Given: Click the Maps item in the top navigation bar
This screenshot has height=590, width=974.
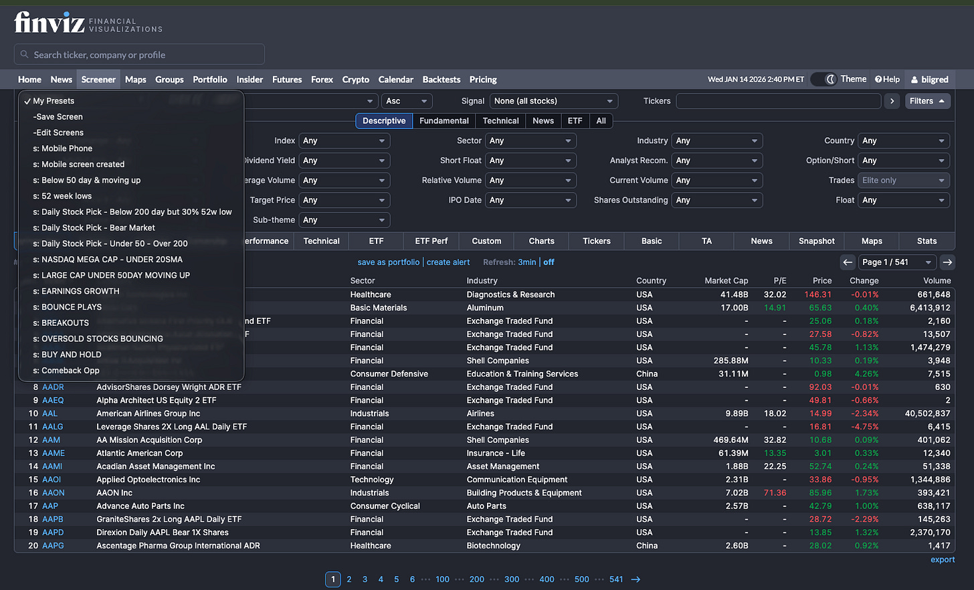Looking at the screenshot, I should pyautogui.click(x=135, y=80).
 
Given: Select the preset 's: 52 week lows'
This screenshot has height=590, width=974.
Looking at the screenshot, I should pyautogui.click(x=66, y=196).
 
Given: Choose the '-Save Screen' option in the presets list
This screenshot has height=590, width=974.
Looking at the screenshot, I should pyautogui.click(x=58, y=117).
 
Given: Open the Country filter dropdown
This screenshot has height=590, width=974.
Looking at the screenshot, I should pyautogui.click(x=903, y=141).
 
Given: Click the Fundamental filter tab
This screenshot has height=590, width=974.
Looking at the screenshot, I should pyautogui.click(x=444, y=121).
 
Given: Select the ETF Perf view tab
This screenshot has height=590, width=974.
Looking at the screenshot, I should pyautogui.click(x=431, y=241).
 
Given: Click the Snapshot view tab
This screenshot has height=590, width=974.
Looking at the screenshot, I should pyautogui.click(x=816, y=241).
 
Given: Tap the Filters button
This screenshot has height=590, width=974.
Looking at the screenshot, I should pyautogui.click(x=927, y=101).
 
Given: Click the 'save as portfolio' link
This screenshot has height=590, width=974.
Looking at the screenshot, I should pyautogui.click(x=388, y=262).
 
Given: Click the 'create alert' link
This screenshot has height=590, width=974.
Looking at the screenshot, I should pyautogui.click(x=448, y=262).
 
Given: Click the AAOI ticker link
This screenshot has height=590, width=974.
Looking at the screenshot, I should pyautogui.click(x=52, y=480).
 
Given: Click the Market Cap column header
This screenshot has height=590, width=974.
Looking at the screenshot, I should pyautogui.click(x=726, y=281).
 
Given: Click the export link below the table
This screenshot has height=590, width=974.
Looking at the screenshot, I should pyautogui.click(x=942, y=560).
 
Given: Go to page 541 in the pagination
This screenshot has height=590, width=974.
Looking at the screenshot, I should pyautogui.click(x=615, y=579).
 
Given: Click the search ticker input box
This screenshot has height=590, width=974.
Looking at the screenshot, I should pyautogui.click(x=139, y=55).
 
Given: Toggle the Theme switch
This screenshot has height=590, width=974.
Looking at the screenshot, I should pyautogui.click(x=824, y=80).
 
